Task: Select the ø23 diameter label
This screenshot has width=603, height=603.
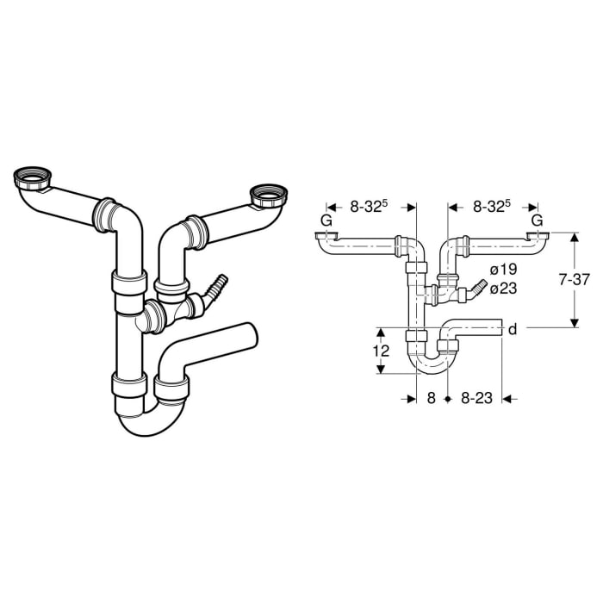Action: pos(503,289)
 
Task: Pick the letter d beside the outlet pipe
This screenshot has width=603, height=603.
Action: pos(513,328)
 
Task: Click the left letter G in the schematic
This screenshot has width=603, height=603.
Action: pos(325,221)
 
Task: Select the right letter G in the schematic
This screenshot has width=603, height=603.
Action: pos(538,221)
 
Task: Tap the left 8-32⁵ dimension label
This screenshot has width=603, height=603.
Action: pos(371,206)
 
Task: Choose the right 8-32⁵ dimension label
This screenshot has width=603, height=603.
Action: pos(492,206)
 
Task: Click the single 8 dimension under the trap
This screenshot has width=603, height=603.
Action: pos(432,399)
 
